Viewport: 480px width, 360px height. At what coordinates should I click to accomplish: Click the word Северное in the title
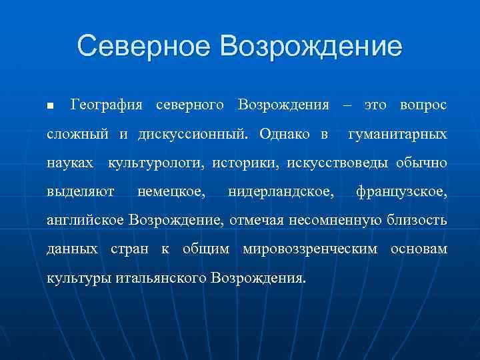coord(144,47)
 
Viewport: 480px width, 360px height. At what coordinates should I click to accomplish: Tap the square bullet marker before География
coord(49,107)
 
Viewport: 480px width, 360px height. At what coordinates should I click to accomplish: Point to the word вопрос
coord(423,105)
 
